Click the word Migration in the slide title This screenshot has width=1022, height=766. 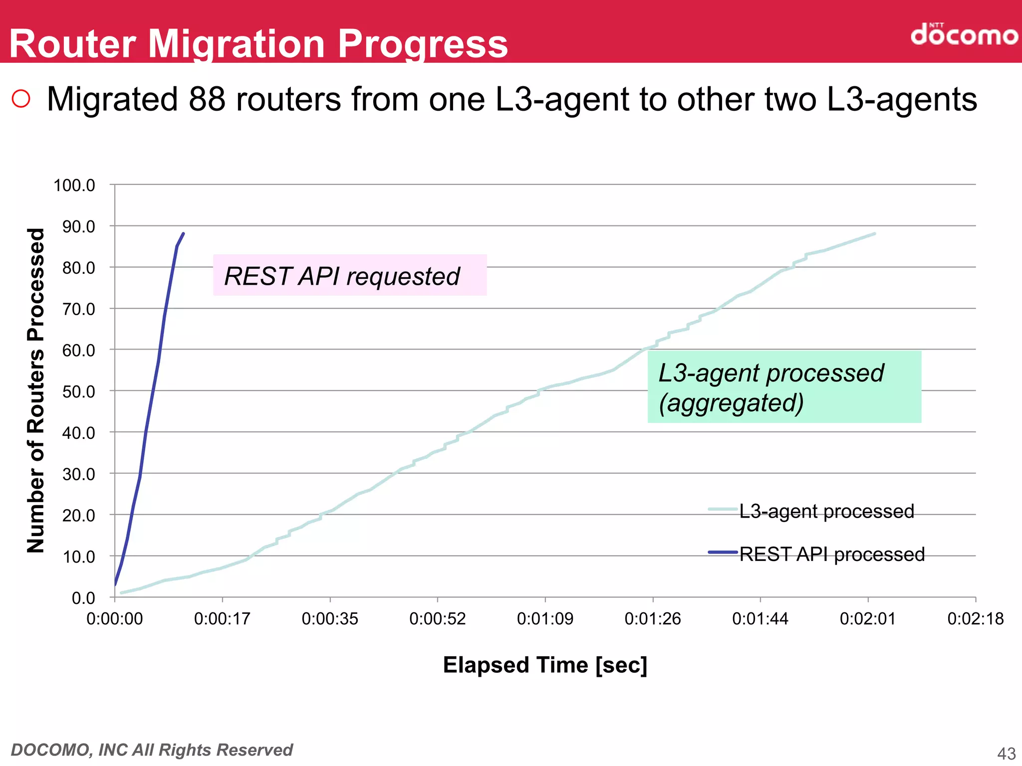tap(237, 44)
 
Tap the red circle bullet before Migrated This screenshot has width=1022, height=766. tap(21, 99)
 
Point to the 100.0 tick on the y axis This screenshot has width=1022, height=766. tap(74, 186)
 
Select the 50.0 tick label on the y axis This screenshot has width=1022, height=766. tap(78, 392)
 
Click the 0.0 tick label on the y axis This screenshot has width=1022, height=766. tap(83, 598)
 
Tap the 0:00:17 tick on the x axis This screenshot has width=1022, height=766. tap(222, 619)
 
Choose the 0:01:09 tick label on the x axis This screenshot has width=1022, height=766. tap(545, 619)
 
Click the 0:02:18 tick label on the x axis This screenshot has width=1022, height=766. tap(975, 619)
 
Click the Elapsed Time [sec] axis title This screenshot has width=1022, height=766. tap(545, 665)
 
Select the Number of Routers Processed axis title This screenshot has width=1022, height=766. tap(36, 390)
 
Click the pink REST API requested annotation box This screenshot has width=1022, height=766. tap(349, 275)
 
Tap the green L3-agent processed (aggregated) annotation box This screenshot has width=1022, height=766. tap(784, 387)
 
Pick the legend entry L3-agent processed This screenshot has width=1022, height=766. tap(826, 511)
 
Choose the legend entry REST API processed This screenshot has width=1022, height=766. tap(831, 554)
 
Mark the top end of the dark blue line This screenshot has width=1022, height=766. tap(183, 233)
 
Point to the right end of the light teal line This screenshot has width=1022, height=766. tap(874, 233)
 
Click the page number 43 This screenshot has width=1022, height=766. tap(1006, 754)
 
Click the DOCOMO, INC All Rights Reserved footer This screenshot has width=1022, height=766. tap(152, 750)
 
